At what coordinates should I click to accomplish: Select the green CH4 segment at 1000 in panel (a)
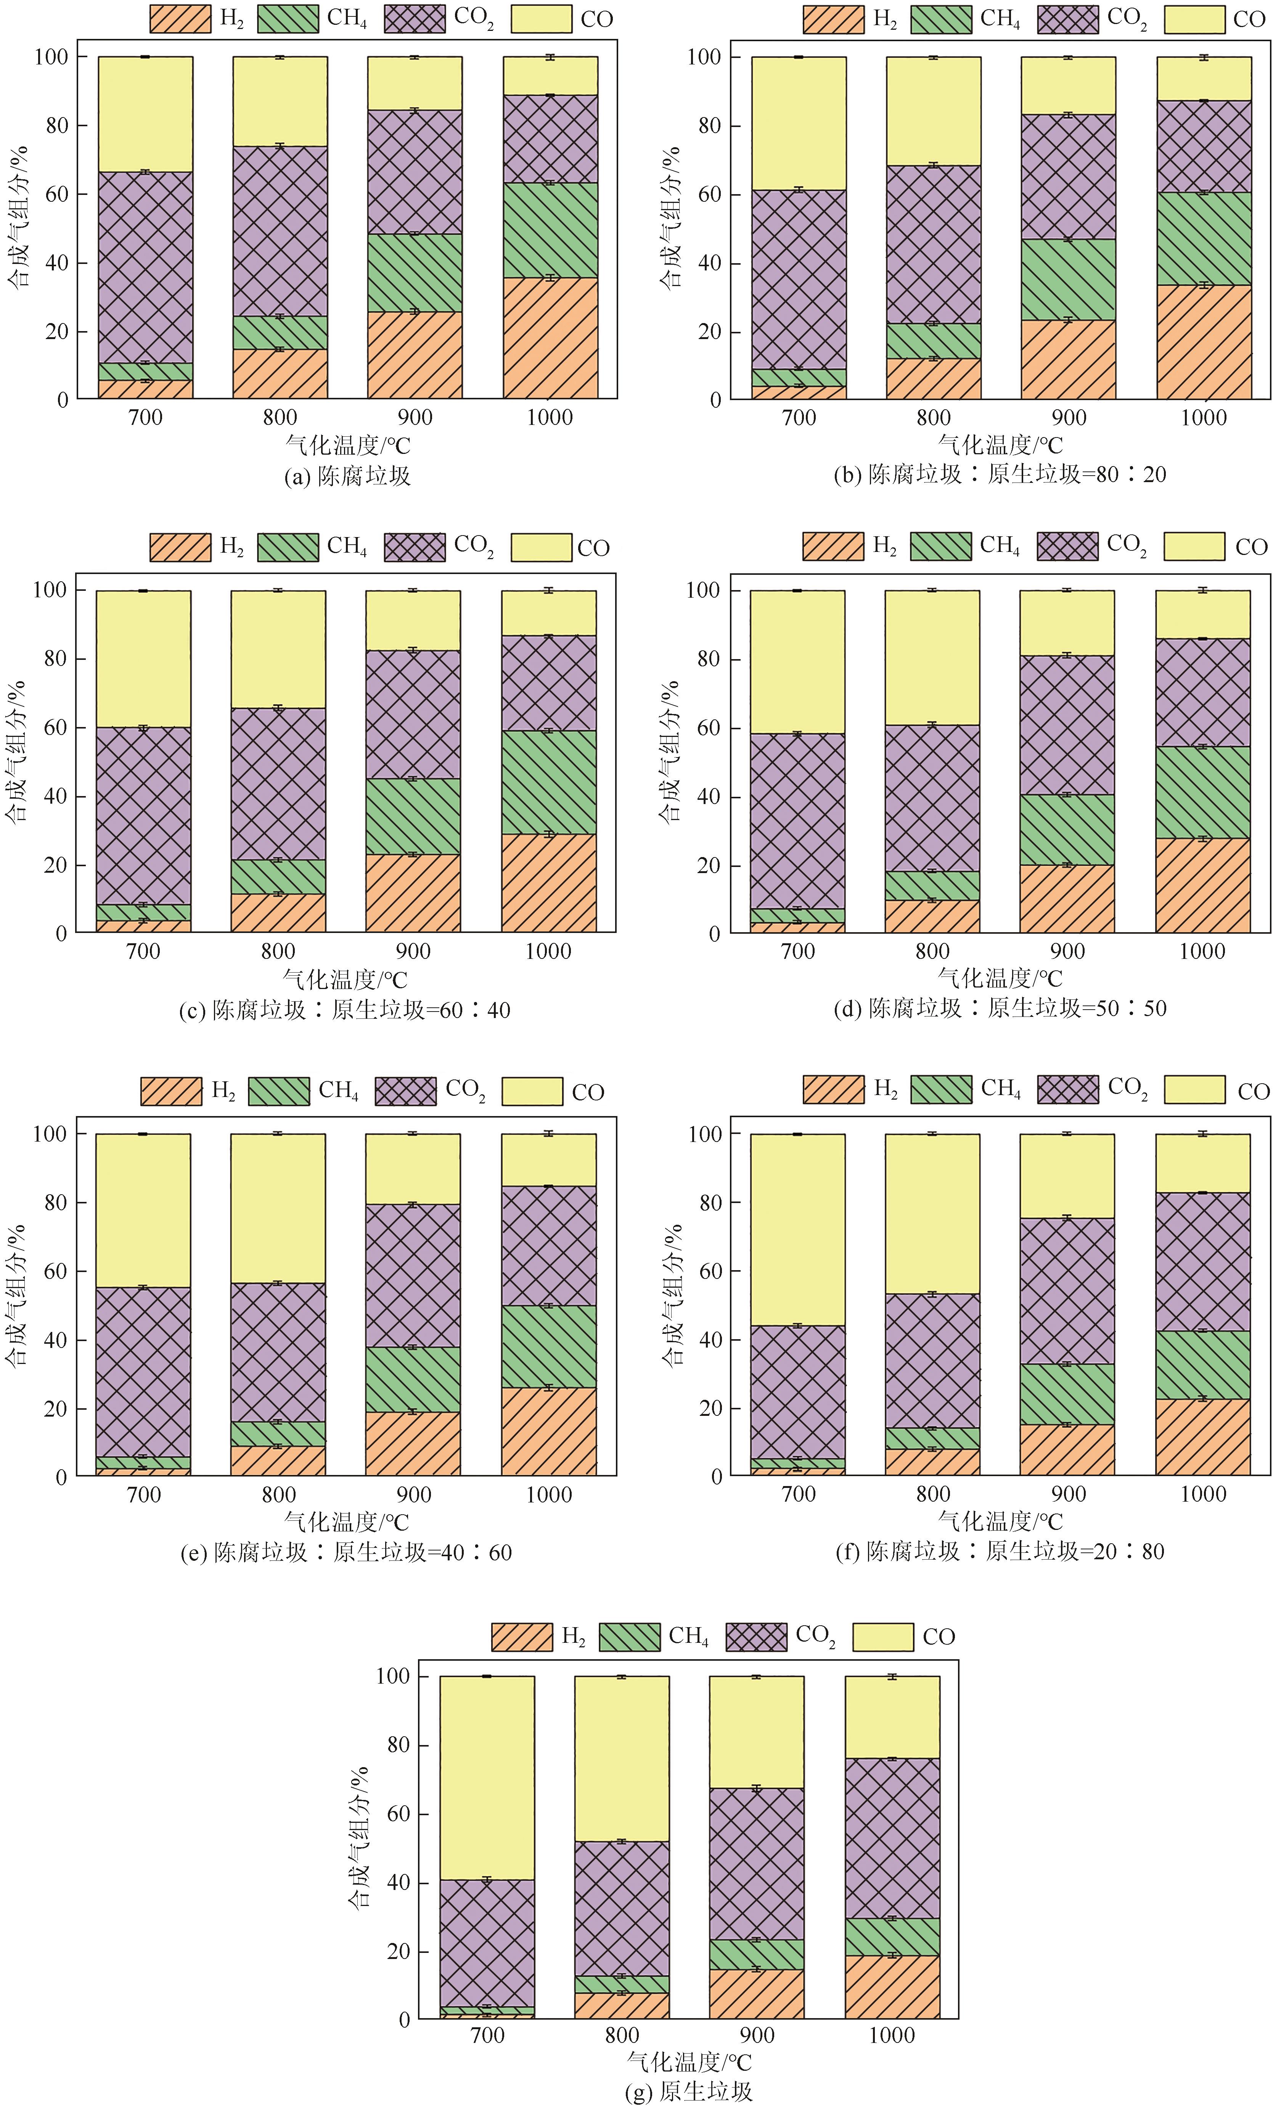[x=550, y=230]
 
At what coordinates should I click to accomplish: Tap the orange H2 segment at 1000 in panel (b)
[x=1204, y=342]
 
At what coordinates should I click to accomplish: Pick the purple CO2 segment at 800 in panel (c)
[x=278, y=783]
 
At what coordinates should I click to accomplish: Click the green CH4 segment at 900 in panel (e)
[x=413, y=1379]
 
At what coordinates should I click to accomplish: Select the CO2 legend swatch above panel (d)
[x=1067, y=547]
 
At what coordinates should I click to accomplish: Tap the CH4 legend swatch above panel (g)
[x=629, y=1637]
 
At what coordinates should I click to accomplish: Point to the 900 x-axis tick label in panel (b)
[x=1068, y=418]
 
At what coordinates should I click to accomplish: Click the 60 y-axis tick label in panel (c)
[x=55, y=728]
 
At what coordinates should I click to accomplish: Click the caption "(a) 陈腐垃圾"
[x=347, y=476]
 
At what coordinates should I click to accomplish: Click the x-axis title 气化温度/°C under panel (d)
[x=1000, y=978]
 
